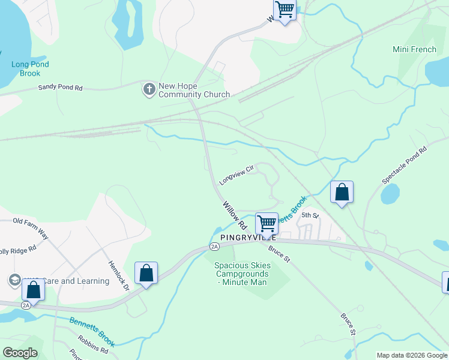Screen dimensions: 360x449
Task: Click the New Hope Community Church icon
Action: point(149,89)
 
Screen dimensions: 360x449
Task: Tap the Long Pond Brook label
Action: point(30,68)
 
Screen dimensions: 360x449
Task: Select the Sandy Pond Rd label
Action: point(60,87)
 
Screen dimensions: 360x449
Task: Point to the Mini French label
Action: point(414,49)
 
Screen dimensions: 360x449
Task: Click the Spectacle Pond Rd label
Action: point(404,164)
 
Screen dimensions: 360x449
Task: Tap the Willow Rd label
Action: point(235,216)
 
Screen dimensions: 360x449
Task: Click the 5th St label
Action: point(309,215)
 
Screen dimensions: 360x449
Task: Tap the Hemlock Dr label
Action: point(118,275)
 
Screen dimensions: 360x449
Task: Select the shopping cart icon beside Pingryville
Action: point(267,223)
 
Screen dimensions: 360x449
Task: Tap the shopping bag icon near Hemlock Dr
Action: point(146,273)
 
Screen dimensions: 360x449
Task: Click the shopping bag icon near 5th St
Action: point(342,193)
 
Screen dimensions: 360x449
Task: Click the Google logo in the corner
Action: point(20,353)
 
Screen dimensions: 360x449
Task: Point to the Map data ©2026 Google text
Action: point(411,355)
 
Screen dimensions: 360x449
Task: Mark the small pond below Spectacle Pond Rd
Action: point(390,194)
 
